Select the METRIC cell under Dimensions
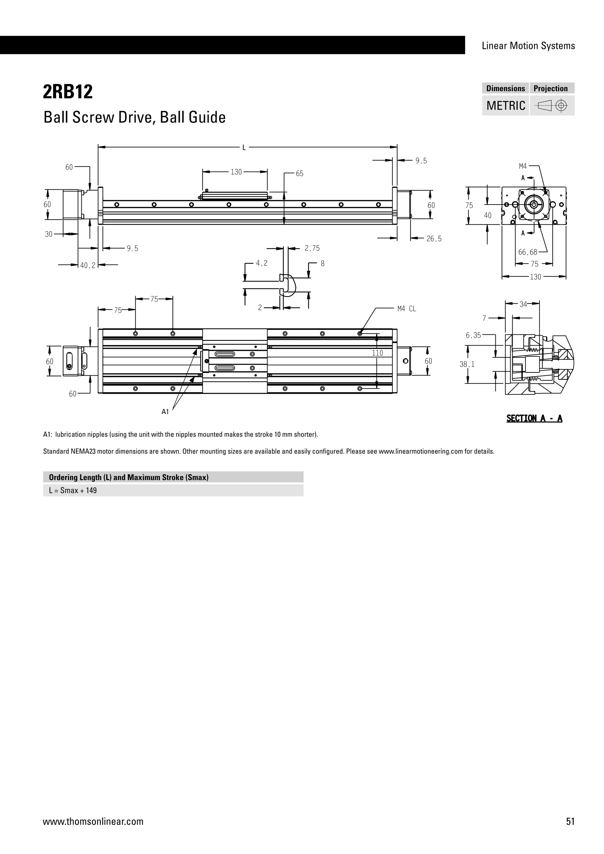click(505, 106)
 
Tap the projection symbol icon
click(552, 106)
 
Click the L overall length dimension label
click(244, 148)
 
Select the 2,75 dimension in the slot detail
click(312, 248)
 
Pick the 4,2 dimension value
click(262, 263)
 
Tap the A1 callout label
click(165, 412)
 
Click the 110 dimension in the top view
click(377, 353)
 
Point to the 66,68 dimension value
click(527, 252)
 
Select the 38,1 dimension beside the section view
click(467, 364)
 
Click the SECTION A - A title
click(534, 418)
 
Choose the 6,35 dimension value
click(473, 336)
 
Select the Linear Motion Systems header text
click(528, 46)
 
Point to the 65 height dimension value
click(299, 174)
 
